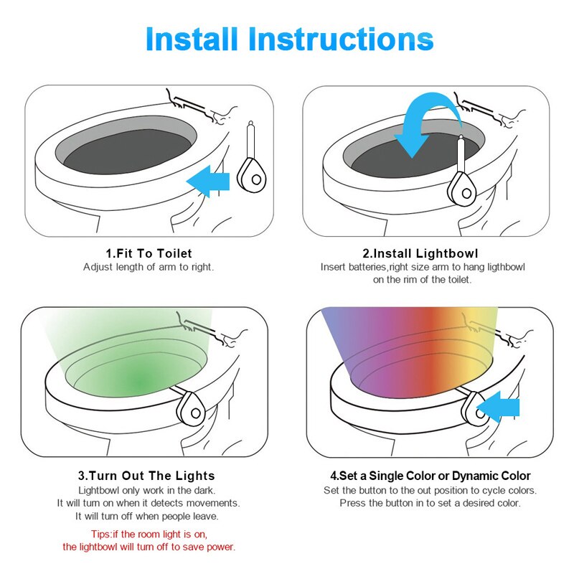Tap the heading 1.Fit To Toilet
point(149,253)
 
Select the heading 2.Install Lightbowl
point(420,253)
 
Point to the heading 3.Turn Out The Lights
point(146,476)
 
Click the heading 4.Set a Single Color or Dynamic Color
point(430,476)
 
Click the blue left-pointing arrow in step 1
point(208,180)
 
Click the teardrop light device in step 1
point(251,174)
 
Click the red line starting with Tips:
point(149,535)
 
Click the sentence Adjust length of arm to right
point(149,267)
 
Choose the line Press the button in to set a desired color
point(430,503)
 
